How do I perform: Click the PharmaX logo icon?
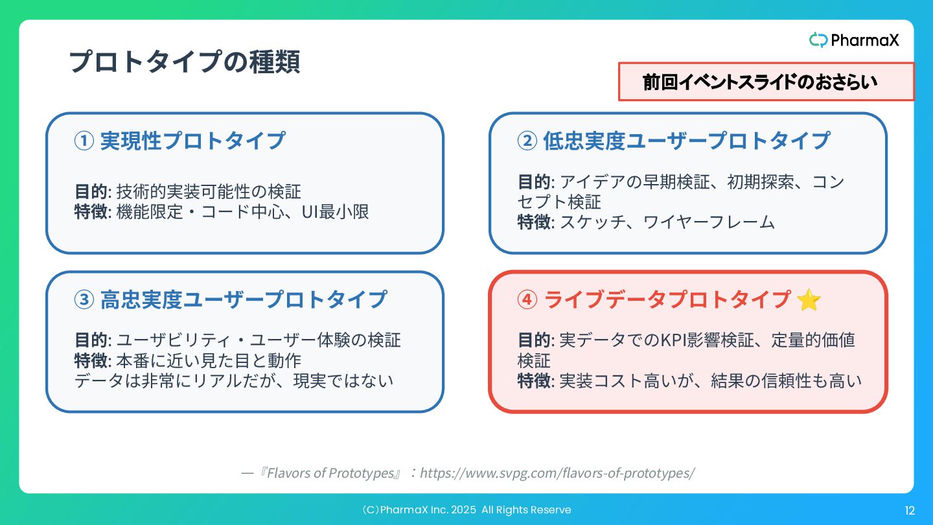[818, 40]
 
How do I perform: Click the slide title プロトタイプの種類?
[184, 62]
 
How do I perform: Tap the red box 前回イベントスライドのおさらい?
[766, 82]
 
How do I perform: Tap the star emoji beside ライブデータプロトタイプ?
[809, 300]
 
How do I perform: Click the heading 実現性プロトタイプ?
[192, 141]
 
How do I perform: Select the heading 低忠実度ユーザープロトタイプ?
[686, 141]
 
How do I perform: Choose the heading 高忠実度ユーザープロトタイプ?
[244, 299]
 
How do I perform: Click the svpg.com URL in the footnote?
[557, 473]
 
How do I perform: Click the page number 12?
[910, 511]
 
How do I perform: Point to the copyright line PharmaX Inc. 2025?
[466, 510]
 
